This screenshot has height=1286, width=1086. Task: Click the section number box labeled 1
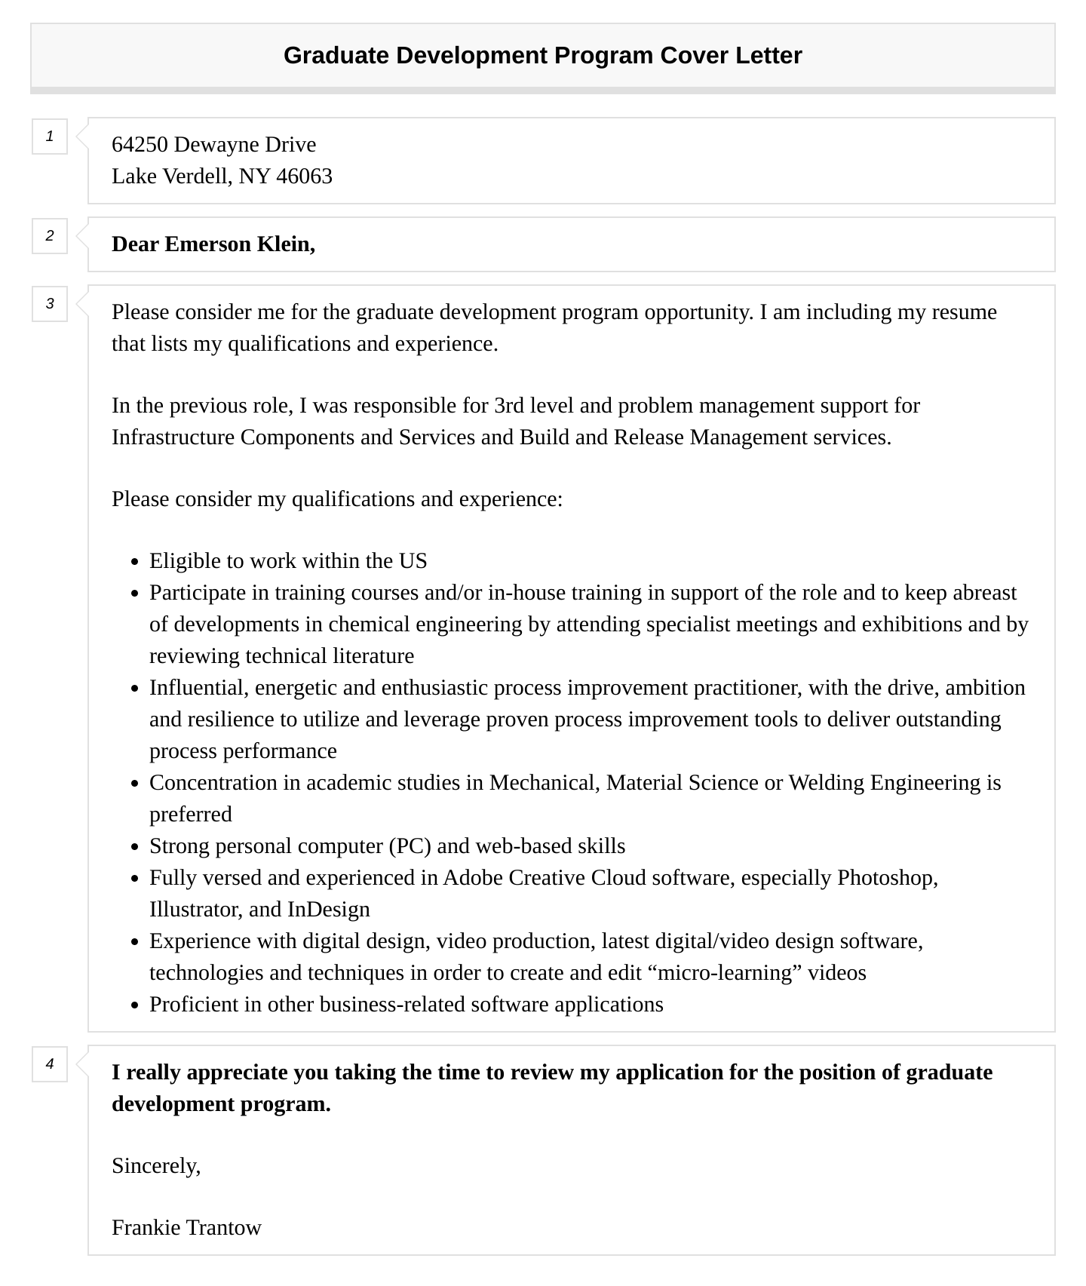coord(50,137)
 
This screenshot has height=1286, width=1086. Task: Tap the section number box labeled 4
coord(50,1063)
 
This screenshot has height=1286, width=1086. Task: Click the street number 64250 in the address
coord(140,144)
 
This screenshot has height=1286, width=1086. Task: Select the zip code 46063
coord(304,176)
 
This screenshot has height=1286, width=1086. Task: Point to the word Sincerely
coord(155,1165)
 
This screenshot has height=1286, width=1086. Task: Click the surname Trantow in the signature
coord(225,1227)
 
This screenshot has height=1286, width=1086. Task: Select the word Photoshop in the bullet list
coord(886,877)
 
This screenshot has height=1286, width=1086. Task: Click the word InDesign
coord(329,909)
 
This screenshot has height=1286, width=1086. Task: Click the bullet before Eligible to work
coord(134,562)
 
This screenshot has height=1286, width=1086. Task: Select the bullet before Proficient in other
coord(134,1005)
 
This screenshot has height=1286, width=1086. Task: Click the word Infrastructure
coord(173,437)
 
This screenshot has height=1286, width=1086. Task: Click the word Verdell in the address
coord(197,176)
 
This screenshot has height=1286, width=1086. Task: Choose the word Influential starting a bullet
coord(198,687)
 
